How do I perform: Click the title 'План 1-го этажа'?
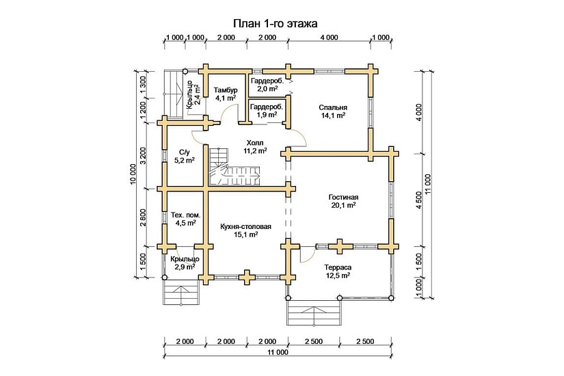(x=276, y=23)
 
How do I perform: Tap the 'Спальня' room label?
(x=333, y=107)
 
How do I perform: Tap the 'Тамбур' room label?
(x=225, y=90)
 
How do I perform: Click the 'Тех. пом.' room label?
(x=185, y=214)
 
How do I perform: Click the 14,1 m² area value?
(x=333, y=116)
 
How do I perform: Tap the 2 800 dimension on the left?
(x=143, y=217)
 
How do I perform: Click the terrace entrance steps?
(x=314, y=314)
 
